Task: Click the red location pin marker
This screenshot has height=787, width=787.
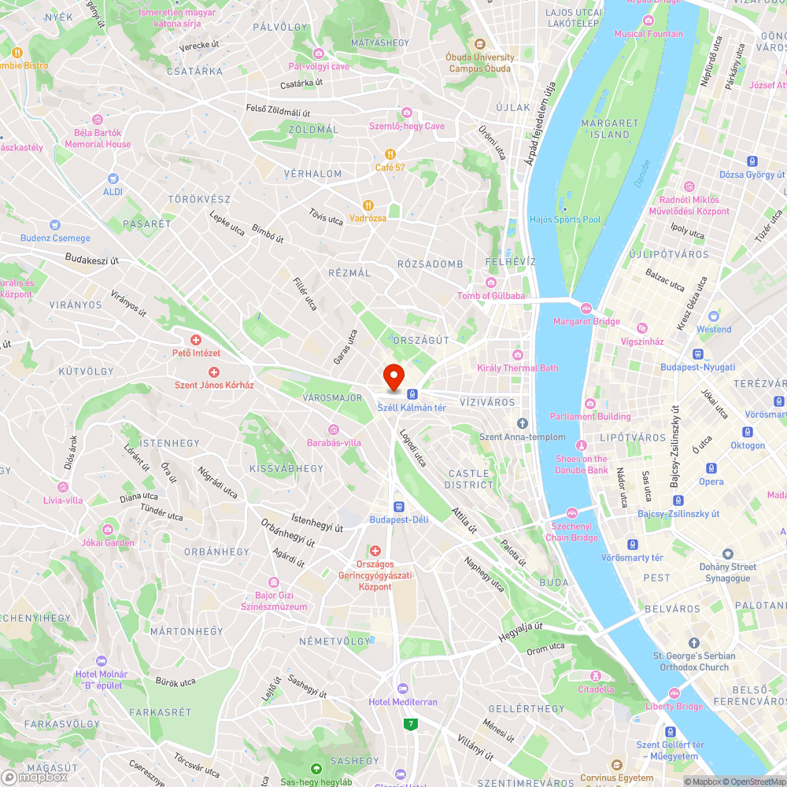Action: click(x=393, y=375)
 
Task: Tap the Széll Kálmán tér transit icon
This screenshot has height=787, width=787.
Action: click(x=412, y=393)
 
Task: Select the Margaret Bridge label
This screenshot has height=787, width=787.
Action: click(x=586, y=321)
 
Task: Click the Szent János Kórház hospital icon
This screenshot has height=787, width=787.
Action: click(x=212, y=371)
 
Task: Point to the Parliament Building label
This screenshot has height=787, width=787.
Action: click(x=590, y=416)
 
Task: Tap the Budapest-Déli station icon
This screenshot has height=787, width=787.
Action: click(x=399, y=506)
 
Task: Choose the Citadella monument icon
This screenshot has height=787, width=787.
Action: click(x=596, y=676)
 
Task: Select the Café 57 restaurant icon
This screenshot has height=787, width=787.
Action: click(x=390, y=154)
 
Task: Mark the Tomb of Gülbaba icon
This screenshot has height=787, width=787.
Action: click(x=491, y=283)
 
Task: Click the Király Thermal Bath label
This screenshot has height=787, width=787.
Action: click(x=518, y=368)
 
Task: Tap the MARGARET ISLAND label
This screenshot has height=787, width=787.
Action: click(x=610, y=128)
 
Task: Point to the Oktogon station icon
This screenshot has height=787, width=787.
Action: click(x=747, y=432)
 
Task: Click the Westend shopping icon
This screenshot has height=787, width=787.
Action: click(x=714, y=316)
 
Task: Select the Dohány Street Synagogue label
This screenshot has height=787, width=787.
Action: click(x=728, y=572)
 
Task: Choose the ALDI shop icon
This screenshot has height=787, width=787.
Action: click(x=113, y=179)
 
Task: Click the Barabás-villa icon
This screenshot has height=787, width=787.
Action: click(x=334, y=429)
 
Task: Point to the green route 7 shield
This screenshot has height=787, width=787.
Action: click(x=409, y=723)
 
